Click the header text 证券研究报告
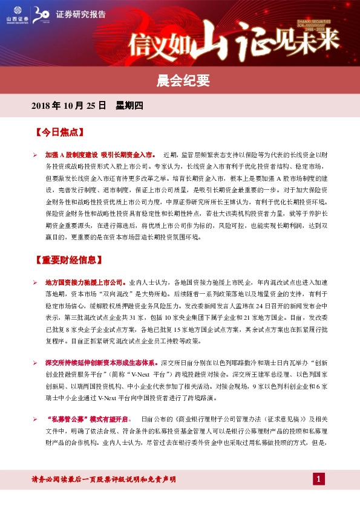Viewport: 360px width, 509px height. (80, 14)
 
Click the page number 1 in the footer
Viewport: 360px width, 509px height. (319, 479)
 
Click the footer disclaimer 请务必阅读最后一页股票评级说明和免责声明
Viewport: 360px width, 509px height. (103, 479)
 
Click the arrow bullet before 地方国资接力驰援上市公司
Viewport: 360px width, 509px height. (35, 283)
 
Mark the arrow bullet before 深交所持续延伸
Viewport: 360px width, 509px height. (35, 363)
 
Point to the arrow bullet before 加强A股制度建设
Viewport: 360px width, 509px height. (35, 155)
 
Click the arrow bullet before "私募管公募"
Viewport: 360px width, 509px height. (35, 419)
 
